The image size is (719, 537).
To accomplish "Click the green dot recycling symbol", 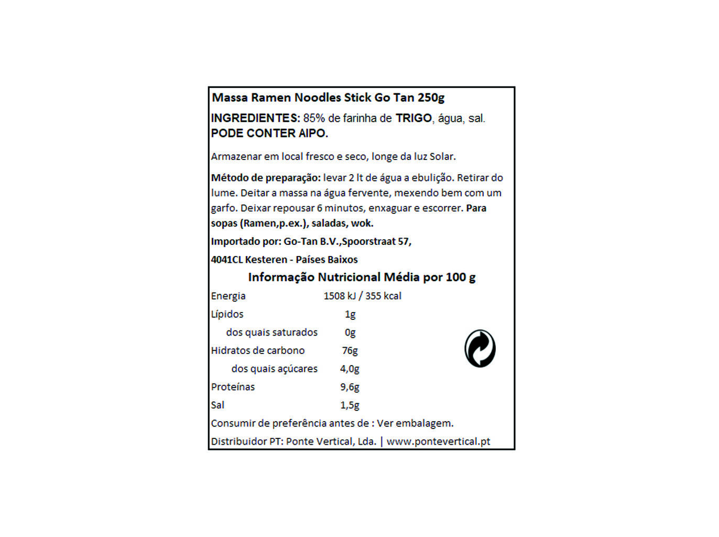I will click(480, 349).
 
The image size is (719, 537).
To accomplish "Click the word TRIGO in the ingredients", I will click(413, 118).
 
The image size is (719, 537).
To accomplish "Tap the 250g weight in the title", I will click(431, 98).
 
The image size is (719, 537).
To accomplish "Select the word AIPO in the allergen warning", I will click(313, 133).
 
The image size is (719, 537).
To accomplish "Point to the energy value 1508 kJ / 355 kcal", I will click(362, 296).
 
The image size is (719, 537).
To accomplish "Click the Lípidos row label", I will click(227, 314).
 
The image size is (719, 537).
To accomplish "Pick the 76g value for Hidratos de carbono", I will click(350, 350).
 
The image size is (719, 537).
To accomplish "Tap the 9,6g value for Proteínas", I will click(350, 387).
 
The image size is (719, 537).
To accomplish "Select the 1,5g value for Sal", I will click(350, 405).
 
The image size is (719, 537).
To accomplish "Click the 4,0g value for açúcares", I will click(350, 369).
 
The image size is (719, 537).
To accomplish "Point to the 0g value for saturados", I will click(350, 332).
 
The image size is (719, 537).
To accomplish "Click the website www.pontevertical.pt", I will click(438, 442).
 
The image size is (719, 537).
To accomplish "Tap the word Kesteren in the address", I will click(266, 260).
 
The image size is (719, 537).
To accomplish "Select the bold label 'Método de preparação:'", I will click(266, 178).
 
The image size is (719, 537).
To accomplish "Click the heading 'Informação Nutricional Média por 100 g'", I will click(362, 277).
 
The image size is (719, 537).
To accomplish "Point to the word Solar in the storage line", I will click(442, 156).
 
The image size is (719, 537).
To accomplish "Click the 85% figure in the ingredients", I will click(313, 118).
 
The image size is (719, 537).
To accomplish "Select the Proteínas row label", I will click(233, 387).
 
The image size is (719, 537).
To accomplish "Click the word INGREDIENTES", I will click(255, 118).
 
